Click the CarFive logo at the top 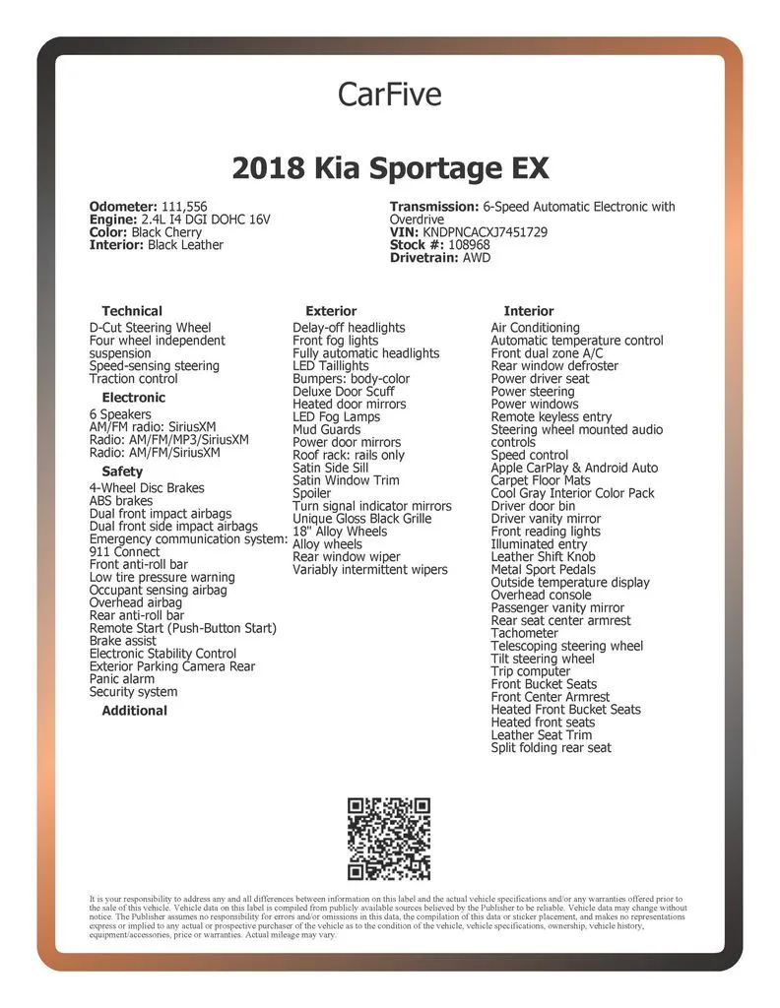point(389,94)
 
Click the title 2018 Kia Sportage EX point(390,168)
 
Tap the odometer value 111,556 point(184,207)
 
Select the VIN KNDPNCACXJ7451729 point(485,232)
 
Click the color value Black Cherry point(166,232)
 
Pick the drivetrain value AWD point(477,258)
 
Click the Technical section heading point(132,311)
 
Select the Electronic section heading point(134,398)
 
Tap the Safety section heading point(122,472)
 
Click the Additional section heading point(134,711)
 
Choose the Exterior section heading point(331,311)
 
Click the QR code point(389,839)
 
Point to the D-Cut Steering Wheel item point(150,328)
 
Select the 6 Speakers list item point(120,414)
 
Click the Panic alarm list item point(122,679)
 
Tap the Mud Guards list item point(327,430)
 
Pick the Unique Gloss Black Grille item point(361,519)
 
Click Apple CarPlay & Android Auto point(574,468)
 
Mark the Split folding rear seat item point(551,748)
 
